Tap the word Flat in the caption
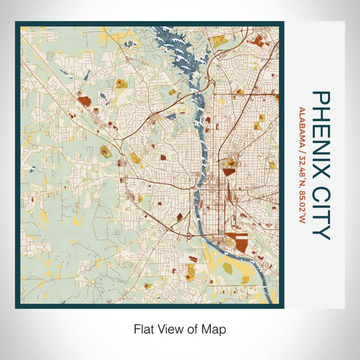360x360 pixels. point(143,328)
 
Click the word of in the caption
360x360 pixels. point(193,328)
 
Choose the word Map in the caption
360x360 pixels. point(215,328)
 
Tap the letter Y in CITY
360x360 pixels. point(320,232)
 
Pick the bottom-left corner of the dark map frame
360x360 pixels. point(17,307)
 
